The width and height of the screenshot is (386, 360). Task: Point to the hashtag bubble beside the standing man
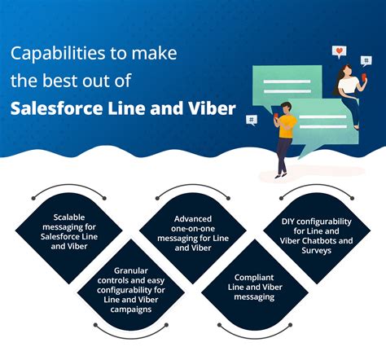click(252, 120)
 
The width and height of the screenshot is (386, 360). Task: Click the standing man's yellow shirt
click(286, 125)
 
